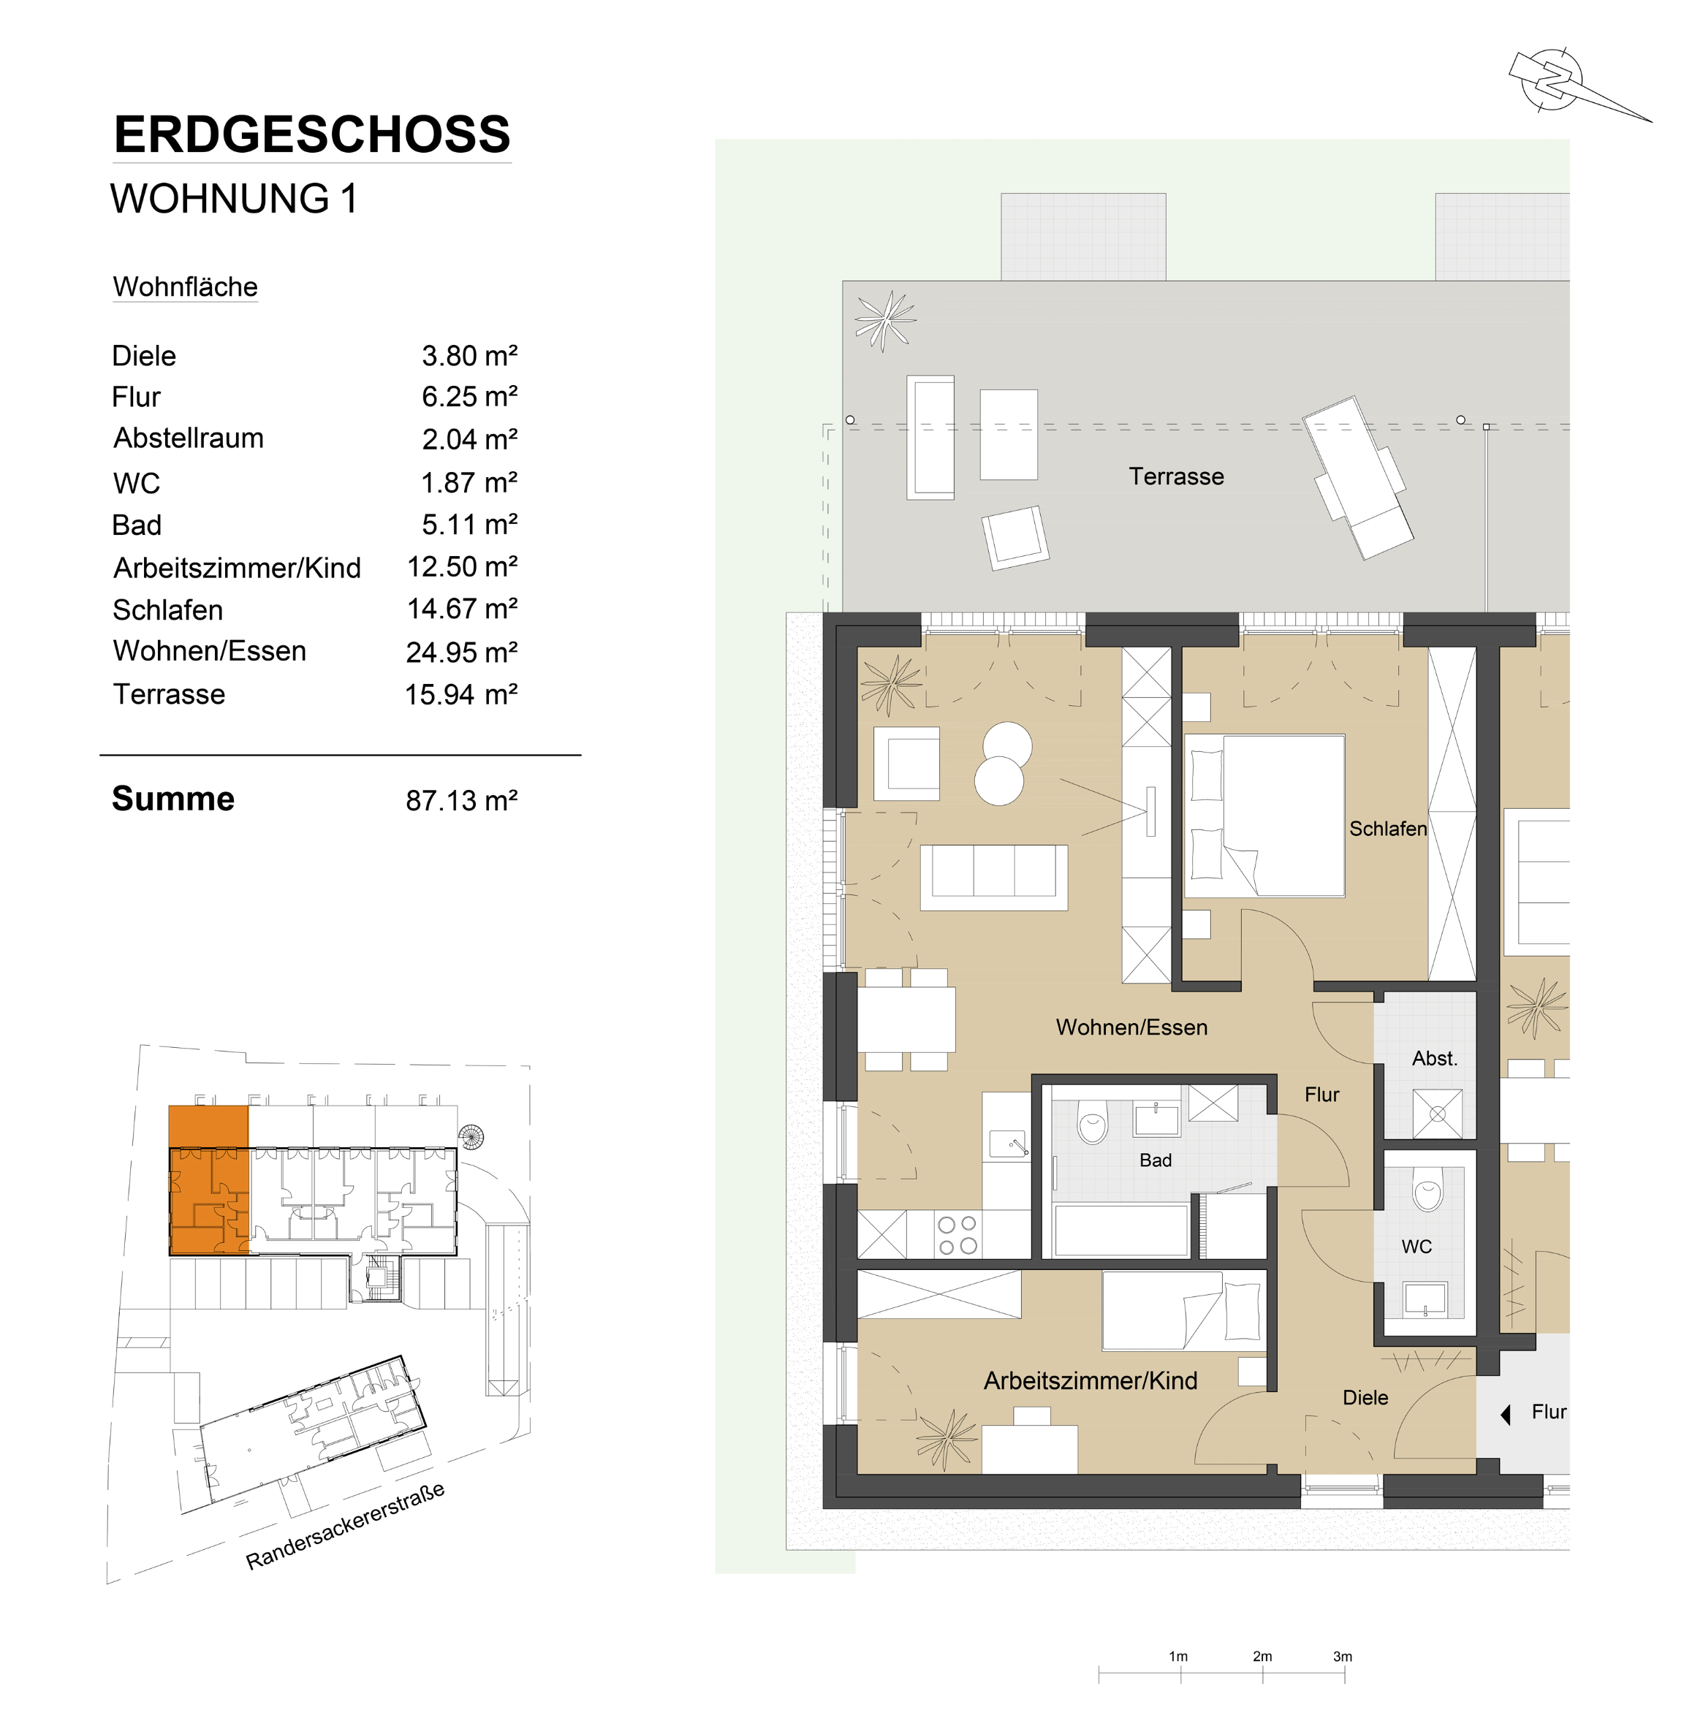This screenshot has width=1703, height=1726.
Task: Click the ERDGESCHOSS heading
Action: pyautogui.click(x=312, y=135)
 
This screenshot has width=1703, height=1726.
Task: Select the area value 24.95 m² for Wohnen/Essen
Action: pyautogui.click(x=462, y=652)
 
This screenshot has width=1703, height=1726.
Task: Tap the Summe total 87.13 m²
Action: pyautogui.click(x=462, y=800)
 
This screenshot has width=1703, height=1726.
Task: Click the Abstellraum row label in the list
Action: pyautogui.click(x=189, y=438)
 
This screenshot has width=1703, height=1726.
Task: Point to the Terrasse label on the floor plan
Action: pyautogui.click(x=1176, y=476)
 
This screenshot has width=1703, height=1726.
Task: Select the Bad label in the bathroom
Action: pyautogui.click(x=1156, y=1160)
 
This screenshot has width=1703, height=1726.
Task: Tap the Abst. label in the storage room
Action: pyautogui.click(x=1434, y=1059)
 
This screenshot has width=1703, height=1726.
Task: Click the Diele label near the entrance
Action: pyautogui.click(x=1365, y=1397)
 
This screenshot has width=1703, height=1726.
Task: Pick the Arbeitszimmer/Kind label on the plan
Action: pyautogui.click(x=1090, y=1380)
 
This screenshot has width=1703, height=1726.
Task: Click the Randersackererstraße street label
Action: pyautogui.click(x=345, y=1525)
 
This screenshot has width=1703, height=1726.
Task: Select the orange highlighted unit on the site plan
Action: pyautogui.click(x=209, y=1180)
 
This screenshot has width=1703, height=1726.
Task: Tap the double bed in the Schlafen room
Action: pyautogui.click(x=1264, y=816)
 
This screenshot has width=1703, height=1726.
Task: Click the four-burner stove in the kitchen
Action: pyautogui.click(x=957, y=1235)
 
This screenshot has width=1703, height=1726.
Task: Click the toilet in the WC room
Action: pyautogui.click(x=1427, y=1189)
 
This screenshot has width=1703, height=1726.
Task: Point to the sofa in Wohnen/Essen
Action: pyautogui.click(x=993, y=878)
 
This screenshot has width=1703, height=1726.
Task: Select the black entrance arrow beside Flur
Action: pyautogui.click(x=1506, y=1414)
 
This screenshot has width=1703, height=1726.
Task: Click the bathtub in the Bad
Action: pyautogui.click(x=1120, y=1230)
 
